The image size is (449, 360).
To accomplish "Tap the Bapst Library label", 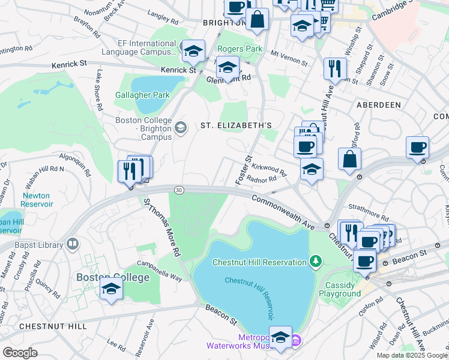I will click(x=40, y=245).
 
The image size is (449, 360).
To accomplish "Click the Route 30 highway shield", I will click(x=178, y=190).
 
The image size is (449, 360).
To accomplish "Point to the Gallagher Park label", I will click(x=143, y=95).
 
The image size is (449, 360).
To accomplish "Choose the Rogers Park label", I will click(x=240, y=49).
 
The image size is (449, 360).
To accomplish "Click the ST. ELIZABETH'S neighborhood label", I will click(x=236, y=125).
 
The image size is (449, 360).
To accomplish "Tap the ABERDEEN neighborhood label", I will click(x=378, y=104).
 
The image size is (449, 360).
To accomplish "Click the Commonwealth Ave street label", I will click(x=283, y=212).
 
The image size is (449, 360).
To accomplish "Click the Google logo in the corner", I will click(x=20, y=353).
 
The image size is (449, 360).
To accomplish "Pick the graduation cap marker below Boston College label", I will click(x=111, y=290).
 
